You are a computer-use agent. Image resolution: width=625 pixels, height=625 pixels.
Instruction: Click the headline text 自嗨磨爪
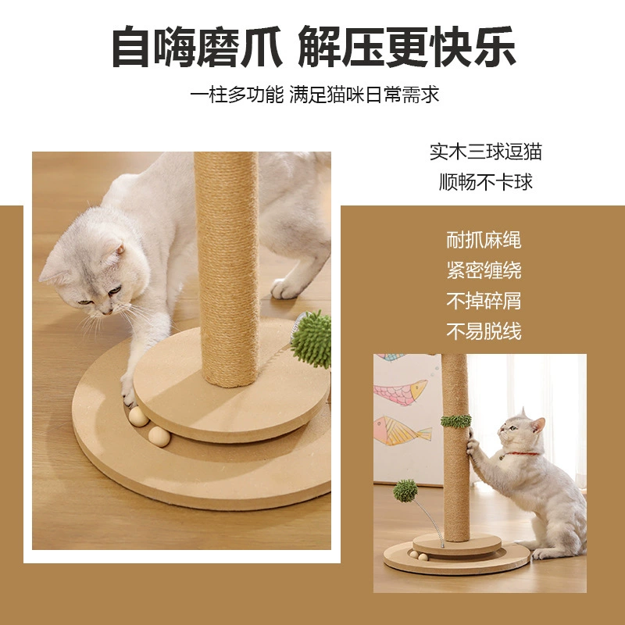tap(197, 46)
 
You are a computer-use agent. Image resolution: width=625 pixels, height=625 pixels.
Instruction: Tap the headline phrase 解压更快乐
tap(407, 46)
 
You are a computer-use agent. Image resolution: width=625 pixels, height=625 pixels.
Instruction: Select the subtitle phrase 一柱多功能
tap(237, 95)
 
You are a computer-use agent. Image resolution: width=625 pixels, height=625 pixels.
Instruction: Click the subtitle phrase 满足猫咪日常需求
tap(364, 95)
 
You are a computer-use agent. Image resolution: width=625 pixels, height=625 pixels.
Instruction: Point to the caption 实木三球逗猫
tap(485, 152)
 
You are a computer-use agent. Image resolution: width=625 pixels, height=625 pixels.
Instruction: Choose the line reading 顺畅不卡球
tap(485, 182)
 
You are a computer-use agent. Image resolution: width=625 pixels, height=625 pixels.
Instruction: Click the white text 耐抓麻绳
tap(484, 240)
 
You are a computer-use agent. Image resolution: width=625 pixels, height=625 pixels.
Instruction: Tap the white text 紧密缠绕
tap(484, 270)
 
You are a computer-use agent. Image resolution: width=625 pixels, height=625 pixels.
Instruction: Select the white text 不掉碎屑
tap(484, 301)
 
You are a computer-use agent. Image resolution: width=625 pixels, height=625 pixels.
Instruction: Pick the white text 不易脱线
tap(484, 331)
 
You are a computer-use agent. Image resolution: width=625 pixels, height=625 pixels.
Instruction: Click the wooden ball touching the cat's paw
tap(138, 416)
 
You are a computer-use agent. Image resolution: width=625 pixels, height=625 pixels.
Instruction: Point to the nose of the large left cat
tap(106, 312)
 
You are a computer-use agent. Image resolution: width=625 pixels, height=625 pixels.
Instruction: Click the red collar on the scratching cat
tap(521, 454)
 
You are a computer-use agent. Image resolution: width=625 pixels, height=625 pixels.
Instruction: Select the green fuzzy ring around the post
tap(455, 421)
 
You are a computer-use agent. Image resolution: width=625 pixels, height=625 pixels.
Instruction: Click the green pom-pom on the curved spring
tap(405, 491)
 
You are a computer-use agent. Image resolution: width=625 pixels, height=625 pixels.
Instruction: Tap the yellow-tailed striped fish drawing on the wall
tap(402, 430)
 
